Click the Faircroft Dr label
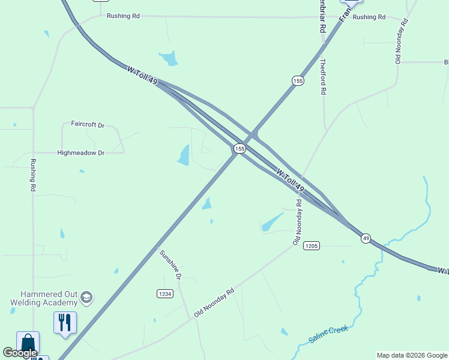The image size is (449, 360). click(88, 125)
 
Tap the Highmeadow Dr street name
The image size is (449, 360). click(80, 153)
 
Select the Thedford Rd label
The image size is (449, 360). click(323, 76)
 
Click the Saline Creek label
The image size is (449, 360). click(329, 331)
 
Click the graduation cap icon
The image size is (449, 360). click(86, 297)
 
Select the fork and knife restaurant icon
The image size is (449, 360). click(65, 322)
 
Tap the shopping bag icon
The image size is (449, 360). click(28, 342)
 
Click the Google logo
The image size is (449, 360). click(20, 353)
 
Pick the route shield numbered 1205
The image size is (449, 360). click(311, 245)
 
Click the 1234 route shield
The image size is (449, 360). click(164, 293)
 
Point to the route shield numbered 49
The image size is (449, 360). click(366, 238)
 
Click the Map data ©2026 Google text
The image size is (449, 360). click(412, 355)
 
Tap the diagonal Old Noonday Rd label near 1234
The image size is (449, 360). click(214, 302)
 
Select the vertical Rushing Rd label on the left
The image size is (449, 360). click(34, 175)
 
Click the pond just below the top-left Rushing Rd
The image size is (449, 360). click(169, 58)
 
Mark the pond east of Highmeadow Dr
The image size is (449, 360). click(184, 155)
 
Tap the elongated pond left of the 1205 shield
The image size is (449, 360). click(271, 223)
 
